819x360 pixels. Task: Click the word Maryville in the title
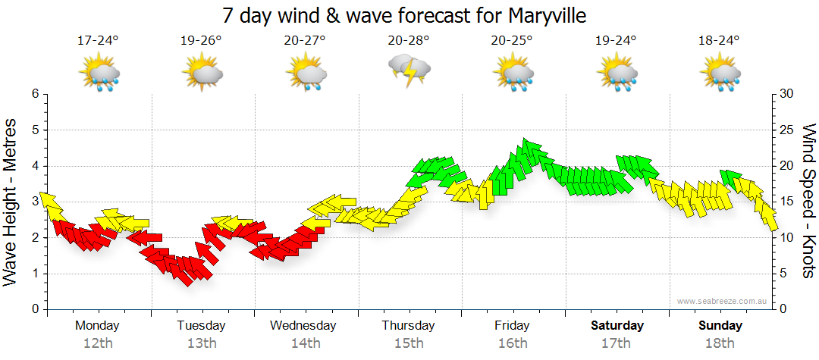(x=543, y=15)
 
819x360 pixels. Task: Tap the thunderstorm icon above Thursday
(x=409, y=71)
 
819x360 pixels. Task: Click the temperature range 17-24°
(x=99, y=41)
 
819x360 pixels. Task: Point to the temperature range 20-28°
(x=408, y=41)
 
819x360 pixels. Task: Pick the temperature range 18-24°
(x=719, y=41)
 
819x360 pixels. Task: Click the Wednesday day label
(x=303, y=326)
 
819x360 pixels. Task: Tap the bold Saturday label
(x=617, y=326)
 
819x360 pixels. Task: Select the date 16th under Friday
(x=513, y=343)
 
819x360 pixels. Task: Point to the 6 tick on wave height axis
(x=35, y=94)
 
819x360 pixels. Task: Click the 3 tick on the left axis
(x=35, y=202)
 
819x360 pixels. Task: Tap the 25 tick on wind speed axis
(x=787, y=130)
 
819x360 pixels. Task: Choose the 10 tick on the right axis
(x=787, y=238)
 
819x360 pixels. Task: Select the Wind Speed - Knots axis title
(x=808, y=202)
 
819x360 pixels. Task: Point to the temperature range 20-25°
(x=512, y=41)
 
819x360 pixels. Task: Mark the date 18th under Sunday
(x=720, y=343)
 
